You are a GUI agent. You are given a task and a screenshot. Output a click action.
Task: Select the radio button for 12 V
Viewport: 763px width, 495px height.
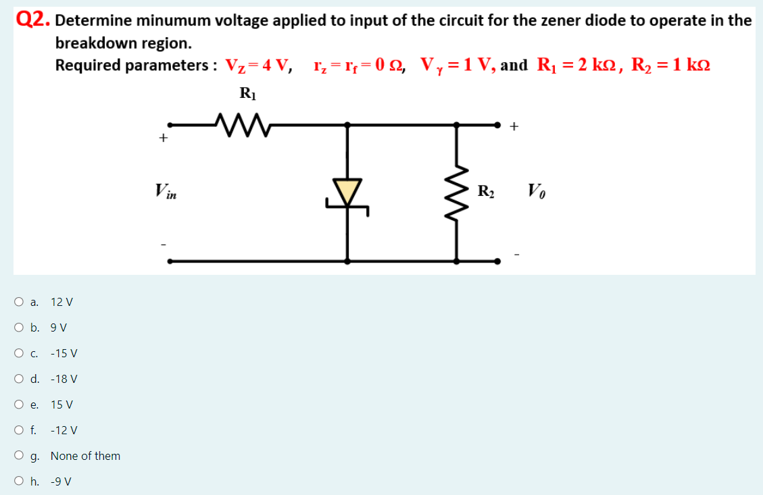(x=18, y=302)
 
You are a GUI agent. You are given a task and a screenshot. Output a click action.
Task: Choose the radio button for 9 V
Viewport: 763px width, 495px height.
(x=18, y=328)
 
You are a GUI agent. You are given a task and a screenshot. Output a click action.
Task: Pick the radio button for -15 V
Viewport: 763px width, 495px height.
(x=18, y=353)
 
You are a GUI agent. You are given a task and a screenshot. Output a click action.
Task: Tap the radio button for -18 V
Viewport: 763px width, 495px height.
(x=18, y=379)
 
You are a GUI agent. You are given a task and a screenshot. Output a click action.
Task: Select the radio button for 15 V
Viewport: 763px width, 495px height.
(x=18, y=405)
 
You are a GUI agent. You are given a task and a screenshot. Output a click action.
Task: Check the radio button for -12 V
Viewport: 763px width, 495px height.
(x=18, y=430)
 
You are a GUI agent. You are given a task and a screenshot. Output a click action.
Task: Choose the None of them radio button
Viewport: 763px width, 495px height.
(x=18, y=456)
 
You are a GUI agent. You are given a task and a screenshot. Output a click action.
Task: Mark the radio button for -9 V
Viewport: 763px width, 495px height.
(x=18, y=481)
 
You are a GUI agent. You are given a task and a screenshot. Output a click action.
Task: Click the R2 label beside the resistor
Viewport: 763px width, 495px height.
(x=486, y=191)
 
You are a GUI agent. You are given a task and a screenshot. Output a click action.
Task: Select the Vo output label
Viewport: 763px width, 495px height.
(x=535, y=191)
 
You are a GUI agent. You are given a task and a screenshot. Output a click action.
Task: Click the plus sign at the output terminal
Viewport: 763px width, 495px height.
(x=515, y=126)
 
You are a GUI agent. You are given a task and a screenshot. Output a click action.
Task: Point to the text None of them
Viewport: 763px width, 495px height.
(x=85, y=456)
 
